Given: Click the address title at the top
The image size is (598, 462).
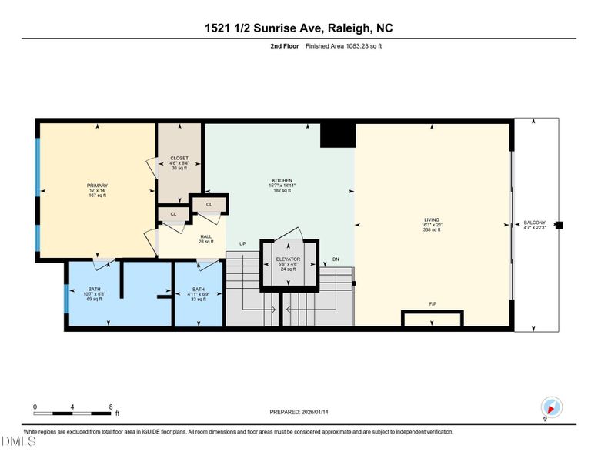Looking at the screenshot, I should (x=299, y=28).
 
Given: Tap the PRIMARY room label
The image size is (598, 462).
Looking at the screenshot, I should (x=97, y=190).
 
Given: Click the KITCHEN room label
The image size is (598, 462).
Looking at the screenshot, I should (x=281, y=186).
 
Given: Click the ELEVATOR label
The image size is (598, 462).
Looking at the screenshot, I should (x=288, y=264).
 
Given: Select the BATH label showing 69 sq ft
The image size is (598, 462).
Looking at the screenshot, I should (x=94, y=293).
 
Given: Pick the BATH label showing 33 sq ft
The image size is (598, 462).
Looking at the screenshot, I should (x=199, y=293).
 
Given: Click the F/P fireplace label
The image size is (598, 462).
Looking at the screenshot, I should (x=433, y=305).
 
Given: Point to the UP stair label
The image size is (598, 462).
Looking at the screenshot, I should (x=242, y=244).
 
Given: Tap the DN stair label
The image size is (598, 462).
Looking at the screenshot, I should (x=336, y=259).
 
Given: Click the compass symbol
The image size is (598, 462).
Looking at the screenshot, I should (x=552, y=407).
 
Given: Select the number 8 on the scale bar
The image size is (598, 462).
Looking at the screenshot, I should (x=111, y=407).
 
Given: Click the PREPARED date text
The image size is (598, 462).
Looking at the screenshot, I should (x=299, y=412).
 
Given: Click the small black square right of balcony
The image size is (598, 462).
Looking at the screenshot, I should (x=560, y=226).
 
